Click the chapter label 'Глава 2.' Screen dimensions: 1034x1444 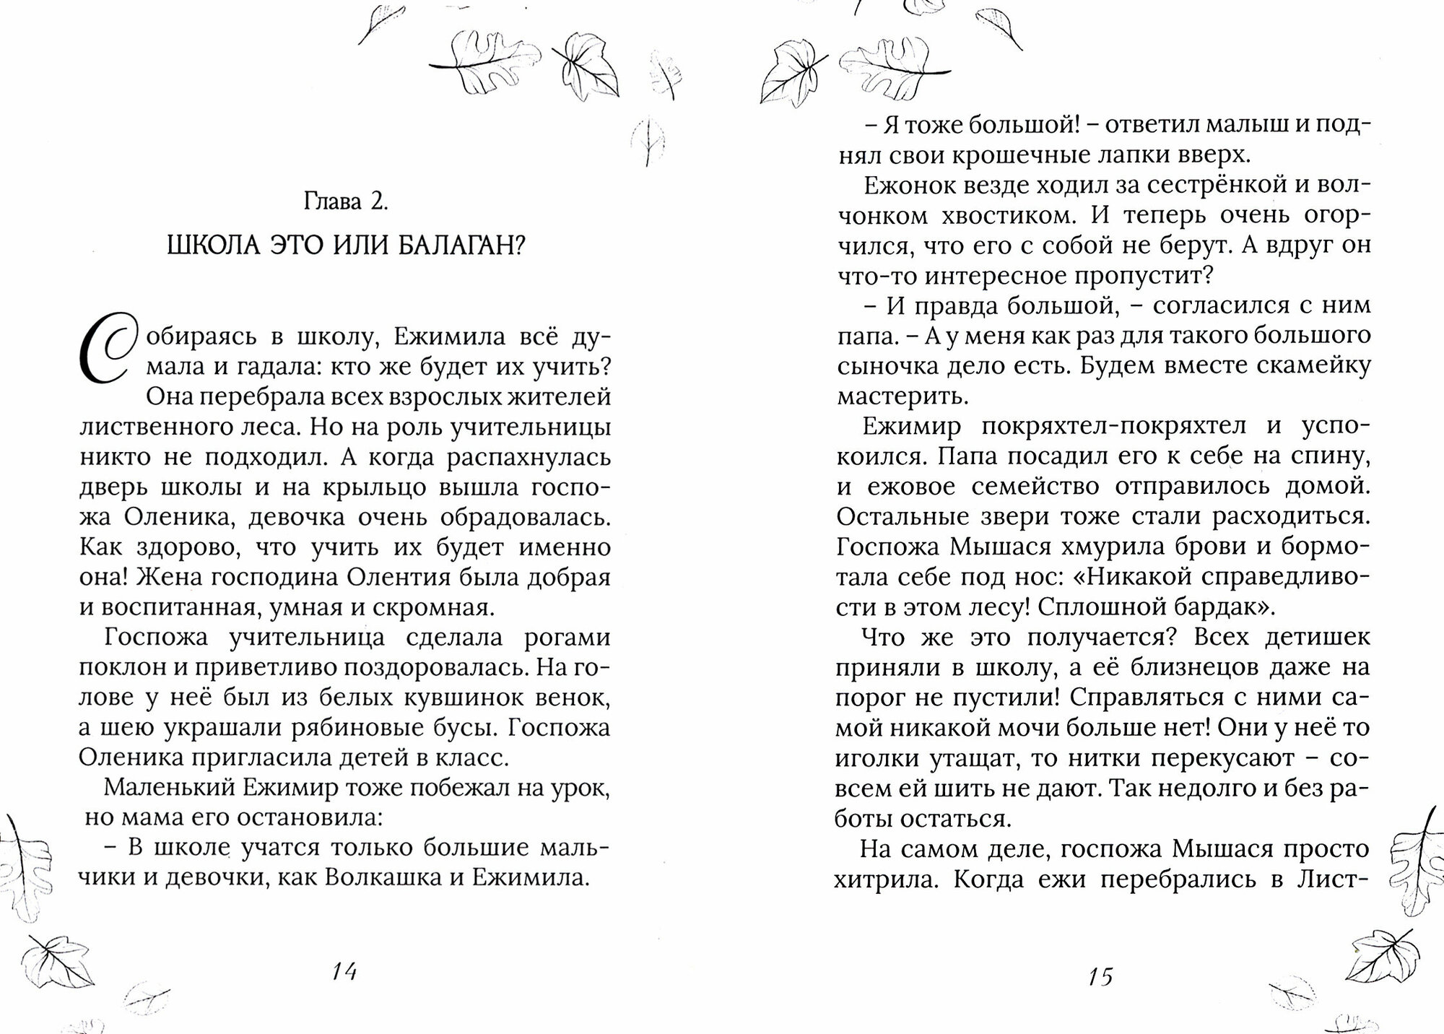pos(346,201)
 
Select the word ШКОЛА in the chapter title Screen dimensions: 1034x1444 pos(206,247)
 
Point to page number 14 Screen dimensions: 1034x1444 pos(344,971)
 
